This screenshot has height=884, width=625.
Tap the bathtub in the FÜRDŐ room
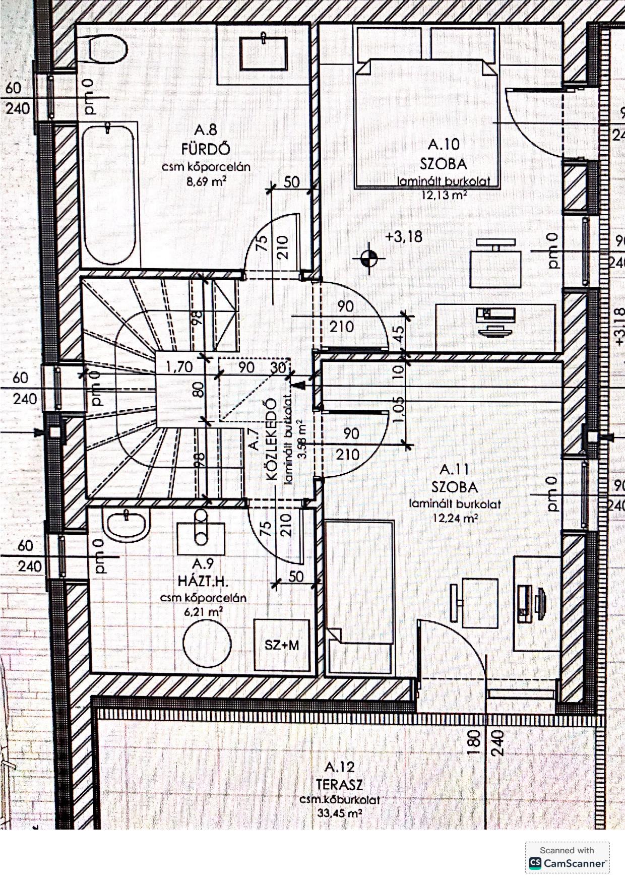tap(108, 194)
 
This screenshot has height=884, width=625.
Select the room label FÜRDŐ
tap(206, 149)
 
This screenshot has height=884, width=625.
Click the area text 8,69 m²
tap(206, 181)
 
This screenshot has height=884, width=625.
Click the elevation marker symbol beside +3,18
tap(369, 259)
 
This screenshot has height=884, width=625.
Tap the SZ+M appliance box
tap(282, 645)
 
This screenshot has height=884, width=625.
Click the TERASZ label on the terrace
tap(339, 785)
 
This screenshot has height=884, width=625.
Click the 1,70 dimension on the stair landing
tap(179, 366)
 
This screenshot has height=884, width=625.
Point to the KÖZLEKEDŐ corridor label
tap(271, 438)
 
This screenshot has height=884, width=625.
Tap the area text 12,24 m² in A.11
tap(455, 518)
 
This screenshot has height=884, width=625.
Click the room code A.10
tap(444, 145)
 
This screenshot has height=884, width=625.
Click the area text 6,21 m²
tap(204, 612)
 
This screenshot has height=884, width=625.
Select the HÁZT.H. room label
tap(203, 581)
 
